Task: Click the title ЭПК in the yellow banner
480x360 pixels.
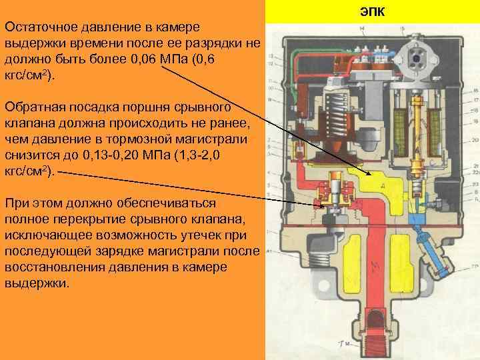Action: [372, 13]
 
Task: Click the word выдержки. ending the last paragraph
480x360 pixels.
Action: [37, 283]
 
